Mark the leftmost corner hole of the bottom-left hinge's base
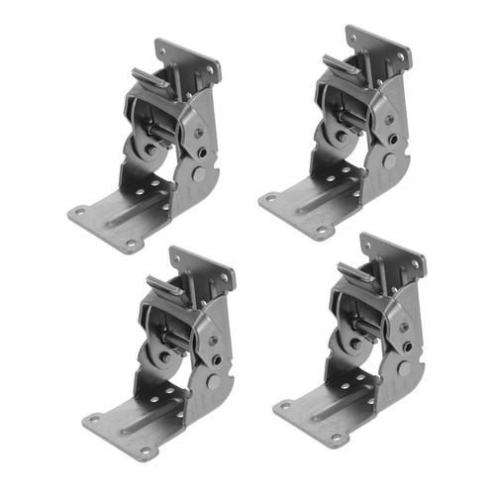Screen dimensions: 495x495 pyautogui.click(x=90, y=417)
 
